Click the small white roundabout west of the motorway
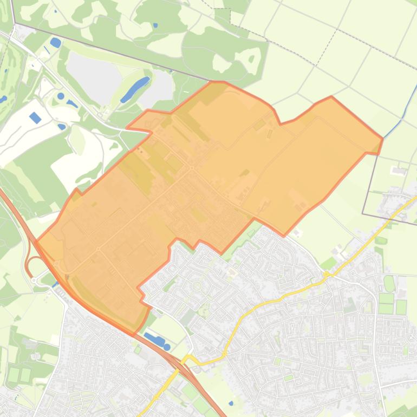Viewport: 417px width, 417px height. pos(34,280)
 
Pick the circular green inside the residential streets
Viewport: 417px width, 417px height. pos(197,285)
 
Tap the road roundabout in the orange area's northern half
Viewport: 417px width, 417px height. pos(192,168)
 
